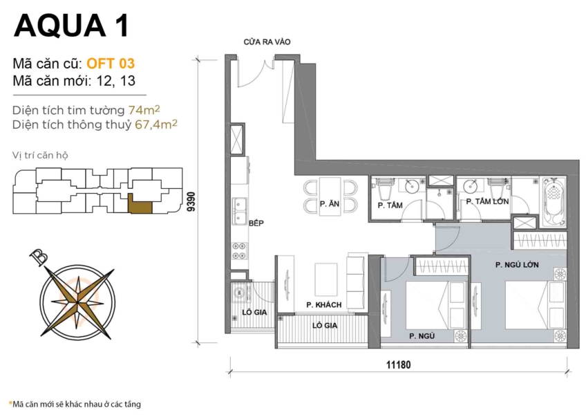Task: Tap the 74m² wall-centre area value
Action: click(144, 110)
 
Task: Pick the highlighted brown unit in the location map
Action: click(142, 206)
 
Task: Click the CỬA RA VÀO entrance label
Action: click(266, 42)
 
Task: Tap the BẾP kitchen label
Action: click(256, 223)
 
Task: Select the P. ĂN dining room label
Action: click(329, 204)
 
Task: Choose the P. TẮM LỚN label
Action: click(487, 202)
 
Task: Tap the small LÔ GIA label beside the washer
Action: click(256, 313)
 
